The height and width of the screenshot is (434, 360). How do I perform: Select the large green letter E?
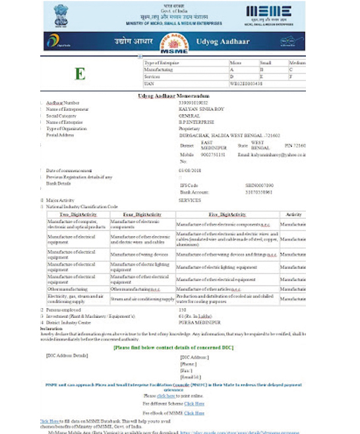[x=80, y=73]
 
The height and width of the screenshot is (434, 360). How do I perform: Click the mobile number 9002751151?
[x=214, y=154]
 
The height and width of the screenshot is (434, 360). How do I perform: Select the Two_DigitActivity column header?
[x=78, y=215]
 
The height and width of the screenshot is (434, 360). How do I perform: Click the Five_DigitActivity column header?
[x=227, y=215]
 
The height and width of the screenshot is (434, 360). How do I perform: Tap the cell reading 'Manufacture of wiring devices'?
[x=139, y=254]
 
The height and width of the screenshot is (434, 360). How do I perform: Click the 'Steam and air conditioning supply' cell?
[x=140, y=299]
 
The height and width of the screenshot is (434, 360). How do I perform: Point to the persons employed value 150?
[x=183, y=309]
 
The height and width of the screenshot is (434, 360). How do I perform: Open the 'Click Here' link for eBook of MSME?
[x=195, y=413]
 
